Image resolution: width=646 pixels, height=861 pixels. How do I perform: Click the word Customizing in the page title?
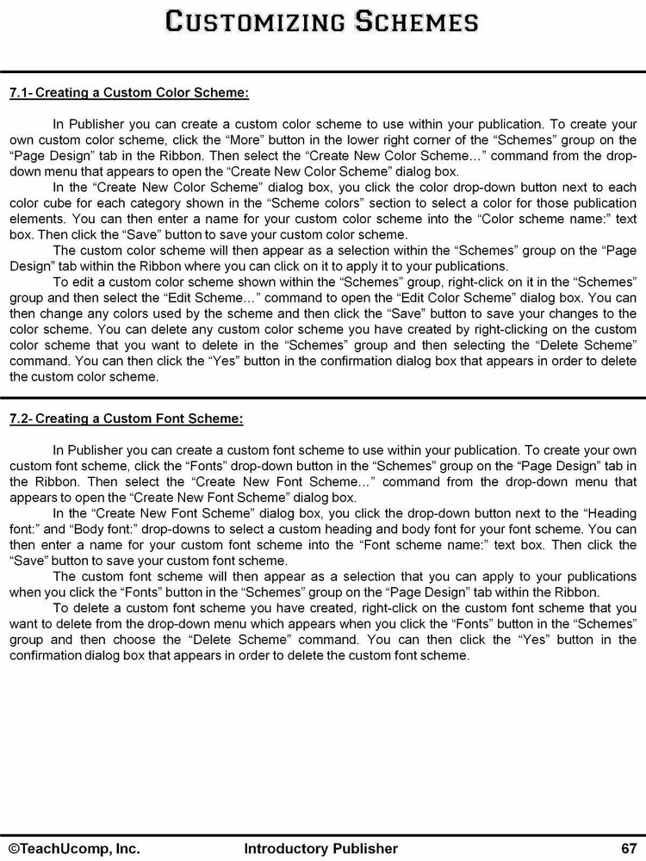[x=249, y=22]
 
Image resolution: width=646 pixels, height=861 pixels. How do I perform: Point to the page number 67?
[x=627, y=848]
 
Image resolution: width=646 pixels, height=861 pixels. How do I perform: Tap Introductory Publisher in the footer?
[x=321, y=848]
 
